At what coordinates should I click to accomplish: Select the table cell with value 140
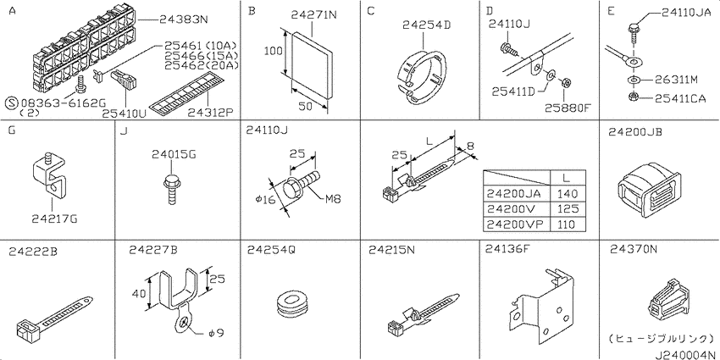pyautogui.click(x=565, y=193)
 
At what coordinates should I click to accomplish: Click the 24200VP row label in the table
pyautogui.click(x=514, y=224)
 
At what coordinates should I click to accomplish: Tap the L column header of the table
pyautogui.click(x=565, y=177)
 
